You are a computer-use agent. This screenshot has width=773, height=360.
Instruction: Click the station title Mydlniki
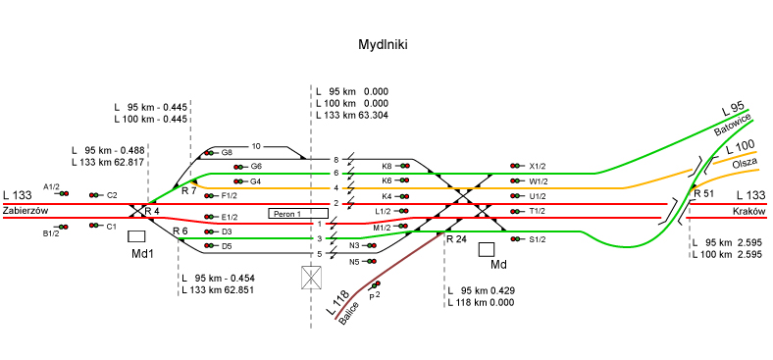coord(383,45)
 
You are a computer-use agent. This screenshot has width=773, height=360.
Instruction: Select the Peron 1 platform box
coord(298,214)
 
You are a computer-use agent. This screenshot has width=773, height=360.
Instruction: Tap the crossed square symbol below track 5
coord(311,278)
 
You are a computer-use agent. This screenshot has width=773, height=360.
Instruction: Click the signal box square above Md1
coord(136,236)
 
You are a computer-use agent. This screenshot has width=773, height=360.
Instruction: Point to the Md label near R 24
coord(498,265)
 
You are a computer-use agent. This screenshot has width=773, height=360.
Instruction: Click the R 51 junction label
coord(704,194)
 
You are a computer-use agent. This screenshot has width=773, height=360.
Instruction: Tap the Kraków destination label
coord(748,211)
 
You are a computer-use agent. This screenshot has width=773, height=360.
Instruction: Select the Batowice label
coord(733,125)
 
